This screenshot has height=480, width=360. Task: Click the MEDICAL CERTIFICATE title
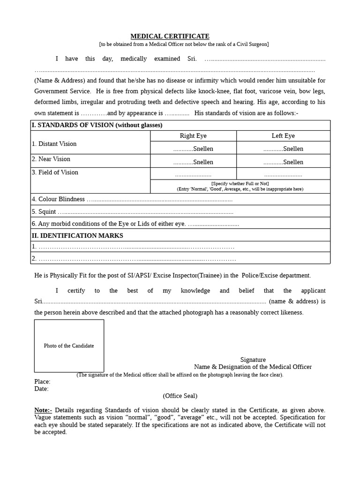click(x=170, y=36)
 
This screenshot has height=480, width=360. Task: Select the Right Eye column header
click(x=193, y=136)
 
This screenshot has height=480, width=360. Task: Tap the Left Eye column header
click(x=283, y=136)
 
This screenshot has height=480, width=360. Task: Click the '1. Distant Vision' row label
click(x=54, y=144)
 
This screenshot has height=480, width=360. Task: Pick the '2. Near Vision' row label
click(x=51, y=159)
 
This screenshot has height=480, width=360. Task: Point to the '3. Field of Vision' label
click(x=55, y=172)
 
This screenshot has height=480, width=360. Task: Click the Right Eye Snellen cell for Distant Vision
click(x=193, y=149)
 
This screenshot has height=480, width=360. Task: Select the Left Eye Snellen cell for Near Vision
click(x=283, y=162)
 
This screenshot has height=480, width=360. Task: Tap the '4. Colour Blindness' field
click(x=132, y=199)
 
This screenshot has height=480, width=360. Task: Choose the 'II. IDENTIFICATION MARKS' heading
click(x=77, y=236)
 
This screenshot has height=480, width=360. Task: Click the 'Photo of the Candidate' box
click(x=69, y=346)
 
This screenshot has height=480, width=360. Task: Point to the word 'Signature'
click(x=253, y=360)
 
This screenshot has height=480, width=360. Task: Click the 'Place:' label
click(x=42, y=382)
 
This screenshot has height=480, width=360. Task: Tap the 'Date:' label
click(x=41, y=389)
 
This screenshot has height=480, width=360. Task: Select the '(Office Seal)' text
click(x=180, y=396)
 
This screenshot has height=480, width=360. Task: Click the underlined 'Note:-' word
click(x=43, y=410)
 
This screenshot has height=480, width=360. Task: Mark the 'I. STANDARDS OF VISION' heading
click(x=97, y=125)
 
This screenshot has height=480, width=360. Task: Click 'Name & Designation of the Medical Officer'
click(x=253, y=367)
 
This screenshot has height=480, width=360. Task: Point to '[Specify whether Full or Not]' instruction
click(x=240, y=184)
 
